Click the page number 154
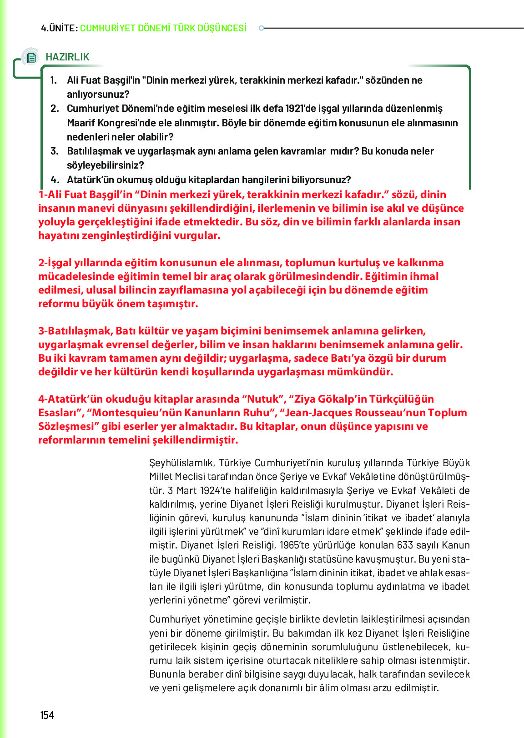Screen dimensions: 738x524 tap(47, 715)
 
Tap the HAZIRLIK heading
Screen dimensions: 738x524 tap(67, 57)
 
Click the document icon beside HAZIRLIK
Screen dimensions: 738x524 tap(31, 58)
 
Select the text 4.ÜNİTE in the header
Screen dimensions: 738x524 tap(58, 28)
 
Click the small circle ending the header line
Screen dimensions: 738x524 tap(261, 28)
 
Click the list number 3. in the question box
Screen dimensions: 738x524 tap(54, 151)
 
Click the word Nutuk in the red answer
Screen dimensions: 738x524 tap(263, 399)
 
